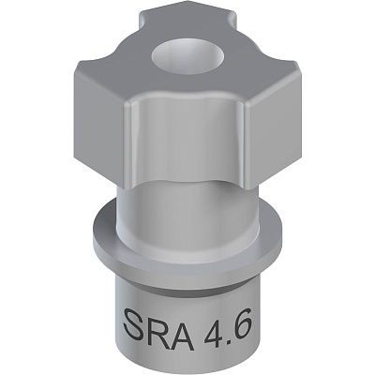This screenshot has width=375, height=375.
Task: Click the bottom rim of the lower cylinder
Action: click(187, 367)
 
